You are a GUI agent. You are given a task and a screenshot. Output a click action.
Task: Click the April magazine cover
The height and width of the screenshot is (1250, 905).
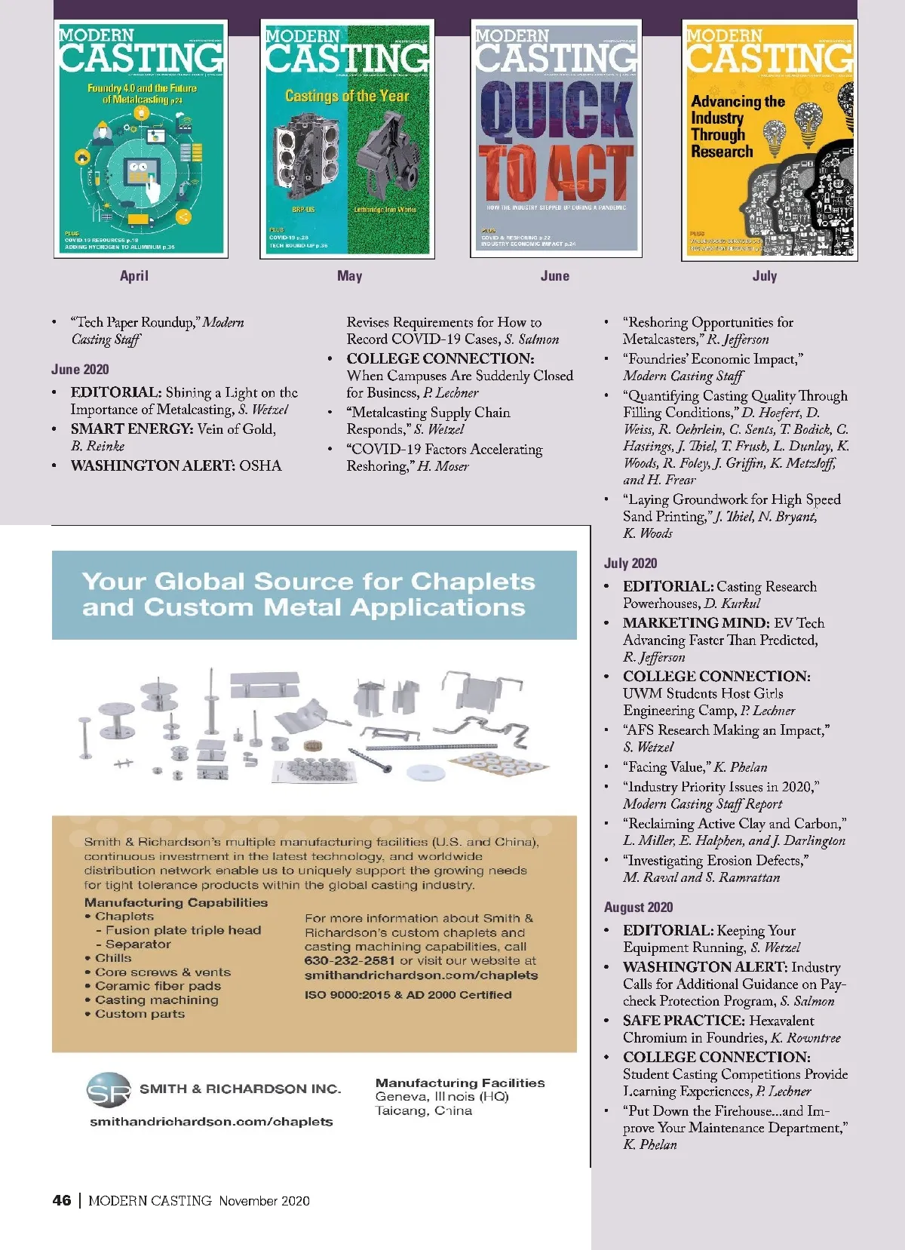141,140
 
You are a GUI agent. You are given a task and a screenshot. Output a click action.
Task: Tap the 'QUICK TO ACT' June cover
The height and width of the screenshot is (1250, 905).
556,140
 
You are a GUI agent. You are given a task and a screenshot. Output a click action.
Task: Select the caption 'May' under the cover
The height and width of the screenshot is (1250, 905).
349,276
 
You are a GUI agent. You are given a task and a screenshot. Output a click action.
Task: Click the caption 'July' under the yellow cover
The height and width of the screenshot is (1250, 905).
764,276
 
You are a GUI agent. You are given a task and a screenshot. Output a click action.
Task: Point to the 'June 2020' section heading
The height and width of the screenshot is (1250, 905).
80,370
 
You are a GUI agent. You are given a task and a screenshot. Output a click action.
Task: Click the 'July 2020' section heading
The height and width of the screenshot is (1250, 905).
630,564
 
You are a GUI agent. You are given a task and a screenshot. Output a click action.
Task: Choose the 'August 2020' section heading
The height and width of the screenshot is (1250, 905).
638,908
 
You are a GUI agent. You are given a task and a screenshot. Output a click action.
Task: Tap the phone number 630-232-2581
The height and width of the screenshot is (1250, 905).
349,961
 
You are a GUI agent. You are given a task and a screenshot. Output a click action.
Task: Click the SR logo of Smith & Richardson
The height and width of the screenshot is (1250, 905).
109,1090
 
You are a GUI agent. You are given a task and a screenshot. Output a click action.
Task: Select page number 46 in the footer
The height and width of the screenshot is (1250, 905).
62,1200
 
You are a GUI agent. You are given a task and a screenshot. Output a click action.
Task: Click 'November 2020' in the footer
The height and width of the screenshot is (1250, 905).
264,1201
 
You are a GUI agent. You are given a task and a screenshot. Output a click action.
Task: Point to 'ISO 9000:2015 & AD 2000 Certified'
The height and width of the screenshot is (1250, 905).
408,995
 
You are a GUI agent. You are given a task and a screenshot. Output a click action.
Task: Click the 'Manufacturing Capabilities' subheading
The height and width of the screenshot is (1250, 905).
176,902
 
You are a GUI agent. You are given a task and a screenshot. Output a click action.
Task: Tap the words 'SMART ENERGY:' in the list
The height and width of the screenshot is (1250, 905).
132,429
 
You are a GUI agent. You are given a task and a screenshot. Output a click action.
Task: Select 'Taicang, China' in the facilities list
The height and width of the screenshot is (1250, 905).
424,1111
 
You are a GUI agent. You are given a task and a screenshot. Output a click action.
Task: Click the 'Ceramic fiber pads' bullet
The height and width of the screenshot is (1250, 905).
158,986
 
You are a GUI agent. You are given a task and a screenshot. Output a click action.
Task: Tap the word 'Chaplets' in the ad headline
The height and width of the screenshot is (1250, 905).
472,582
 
